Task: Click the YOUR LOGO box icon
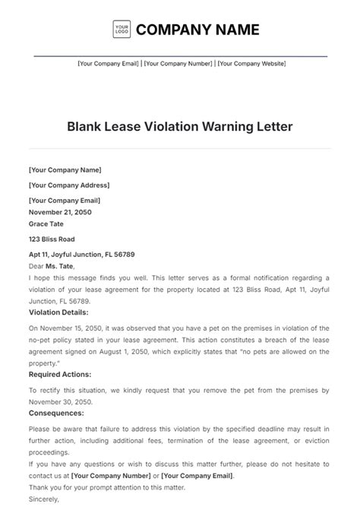click(122, 30)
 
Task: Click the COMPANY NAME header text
click(197, 30)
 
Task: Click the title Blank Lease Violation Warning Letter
click(179, 125)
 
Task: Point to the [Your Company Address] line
click(68, 185)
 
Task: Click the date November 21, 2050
click(60, 212)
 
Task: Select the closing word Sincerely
click(43, 500)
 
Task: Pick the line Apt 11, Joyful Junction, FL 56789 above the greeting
click(81, 254)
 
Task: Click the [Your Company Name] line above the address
click(65, 170)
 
